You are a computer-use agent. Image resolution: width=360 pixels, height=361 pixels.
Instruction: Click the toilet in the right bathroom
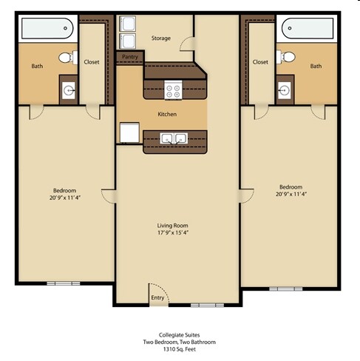tap(288, 57)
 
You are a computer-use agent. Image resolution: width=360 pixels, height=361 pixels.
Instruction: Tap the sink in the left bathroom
tap(69, 91)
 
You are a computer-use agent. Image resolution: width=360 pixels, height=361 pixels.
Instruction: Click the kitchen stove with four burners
tap(173, 90)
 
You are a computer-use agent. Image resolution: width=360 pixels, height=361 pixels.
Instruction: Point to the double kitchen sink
tap(174, 138)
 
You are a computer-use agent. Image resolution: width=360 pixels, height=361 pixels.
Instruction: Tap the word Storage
tap(160, 38)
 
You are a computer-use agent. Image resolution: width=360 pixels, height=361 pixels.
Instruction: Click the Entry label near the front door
tap(158, 297)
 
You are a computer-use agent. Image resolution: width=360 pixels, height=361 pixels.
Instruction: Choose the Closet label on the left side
tap(92, 62)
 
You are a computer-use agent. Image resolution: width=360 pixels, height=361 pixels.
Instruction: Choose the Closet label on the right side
tap(260, 62)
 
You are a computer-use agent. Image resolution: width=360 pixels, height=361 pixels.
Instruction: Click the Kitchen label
tap(167, 115)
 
